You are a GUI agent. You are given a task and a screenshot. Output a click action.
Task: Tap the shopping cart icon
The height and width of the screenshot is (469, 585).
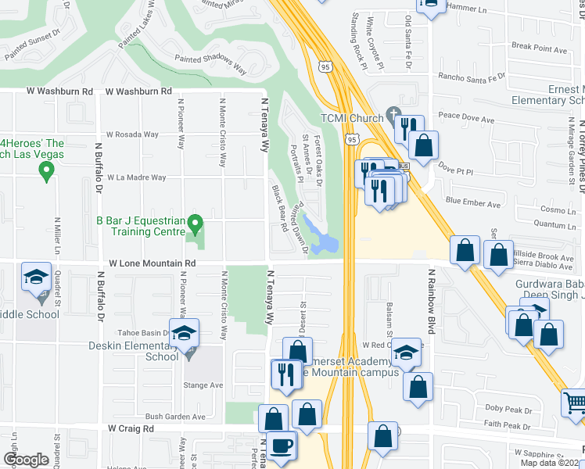(575, 403)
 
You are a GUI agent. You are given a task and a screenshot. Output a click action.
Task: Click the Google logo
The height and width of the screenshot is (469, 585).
(26, 460)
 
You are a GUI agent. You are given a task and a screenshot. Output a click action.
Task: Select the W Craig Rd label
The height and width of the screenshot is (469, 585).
(134, 428)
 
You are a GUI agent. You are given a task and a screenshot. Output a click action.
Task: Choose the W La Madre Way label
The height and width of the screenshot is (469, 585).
(136, 177)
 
